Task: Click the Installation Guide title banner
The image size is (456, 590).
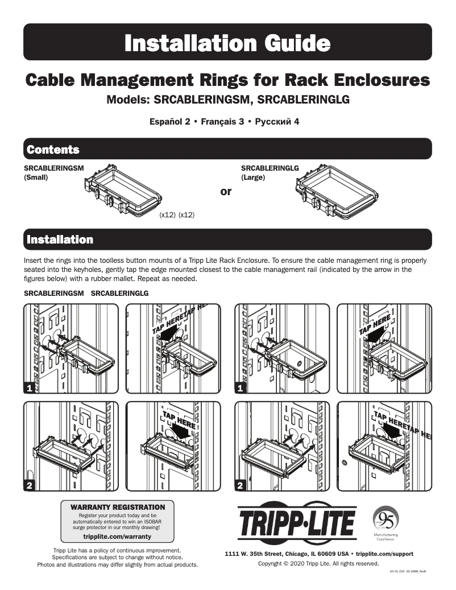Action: point(227,43)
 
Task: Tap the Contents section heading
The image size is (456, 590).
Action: point(53,150)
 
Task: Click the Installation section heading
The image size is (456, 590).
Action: point(60,240)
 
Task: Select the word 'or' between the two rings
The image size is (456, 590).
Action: point(226,192)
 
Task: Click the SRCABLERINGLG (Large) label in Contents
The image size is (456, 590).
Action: point(270,172)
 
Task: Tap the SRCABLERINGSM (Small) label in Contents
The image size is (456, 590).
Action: point(53,172)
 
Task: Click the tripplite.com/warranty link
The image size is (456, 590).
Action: point(117,537)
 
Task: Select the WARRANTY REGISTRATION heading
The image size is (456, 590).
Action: point(117,507)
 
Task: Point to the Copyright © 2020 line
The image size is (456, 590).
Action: point(318,563)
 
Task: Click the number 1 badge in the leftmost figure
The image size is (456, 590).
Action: point(30,387)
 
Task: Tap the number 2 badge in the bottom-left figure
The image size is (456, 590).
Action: point(30,485)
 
